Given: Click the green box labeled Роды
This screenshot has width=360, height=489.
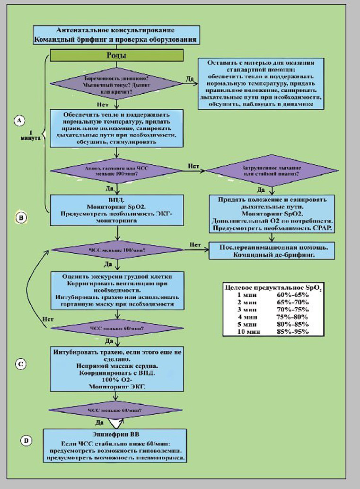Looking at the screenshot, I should [x=116, y=55].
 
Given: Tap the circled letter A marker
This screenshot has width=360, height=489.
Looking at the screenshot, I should [x=19, y=121].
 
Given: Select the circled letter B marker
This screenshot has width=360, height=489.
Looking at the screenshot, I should [x=21, y=218].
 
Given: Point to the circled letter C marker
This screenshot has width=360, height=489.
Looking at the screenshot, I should [x=21, y=364].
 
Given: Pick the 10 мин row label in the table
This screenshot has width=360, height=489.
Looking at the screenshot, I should [x=246, y=332].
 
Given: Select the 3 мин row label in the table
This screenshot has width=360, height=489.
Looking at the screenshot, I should [x=246, y=310].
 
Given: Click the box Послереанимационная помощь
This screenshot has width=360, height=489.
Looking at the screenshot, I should [x=269, y=250].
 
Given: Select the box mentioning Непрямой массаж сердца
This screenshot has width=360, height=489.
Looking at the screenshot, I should [x=116, y=368].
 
